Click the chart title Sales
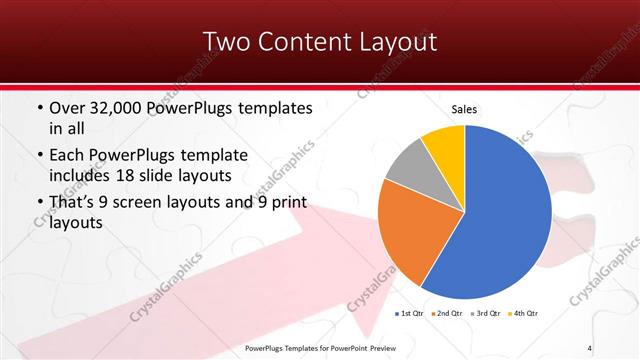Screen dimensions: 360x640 (465, 108)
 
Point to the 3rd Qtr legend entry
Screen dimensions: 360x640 (485, 314)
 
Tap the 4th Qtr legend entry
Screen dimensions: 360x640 (524, 314)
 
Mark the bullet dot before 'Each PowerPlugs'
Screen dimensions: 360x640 (39, 156)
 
